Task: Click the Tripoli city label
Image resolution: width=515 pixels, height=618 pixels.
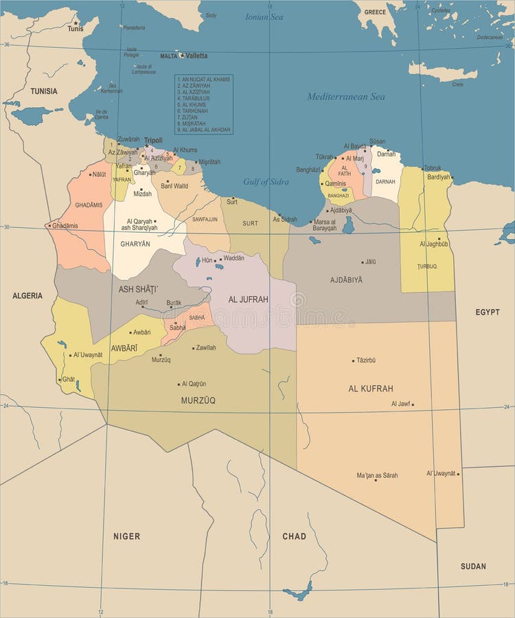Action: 153,140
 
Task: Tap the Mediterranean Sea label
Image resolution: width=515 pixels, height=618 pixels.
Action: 346,97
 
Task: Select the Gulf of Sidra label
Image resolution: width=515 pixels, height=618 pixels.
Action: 266,182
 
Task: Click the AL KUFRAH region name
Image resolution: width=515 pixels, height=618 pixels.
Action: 371,389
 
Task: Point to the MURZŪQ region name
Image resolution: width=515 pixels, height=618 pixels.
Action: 198,400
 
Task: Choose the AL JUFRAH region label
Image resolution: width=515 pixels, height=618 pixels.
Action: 248,299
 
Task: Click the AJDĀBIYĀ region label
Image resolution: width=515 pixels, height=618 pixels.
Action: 346,280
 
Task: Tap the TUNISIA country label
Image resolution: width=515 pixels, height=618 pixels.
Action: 44,91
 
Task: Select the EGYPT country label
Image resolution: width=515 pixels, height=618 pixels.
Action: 488,312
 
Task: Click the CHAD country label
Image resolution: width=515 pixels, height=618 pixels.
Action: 294,536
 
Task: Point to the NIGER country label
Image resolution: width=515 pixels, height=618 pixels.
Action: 127,536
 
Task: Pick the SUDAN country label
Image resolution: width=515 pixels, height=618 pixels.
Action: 473,566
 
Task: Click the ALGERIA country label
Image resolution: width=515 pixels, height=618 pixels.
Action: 27,296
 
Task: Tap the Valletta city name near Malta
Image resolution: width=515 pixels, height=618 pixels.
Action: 196,56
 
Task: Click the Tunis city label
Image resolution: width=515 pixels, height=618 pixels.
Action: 75,29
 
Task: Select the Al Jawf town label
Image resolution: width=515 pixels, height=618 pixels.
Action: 400,404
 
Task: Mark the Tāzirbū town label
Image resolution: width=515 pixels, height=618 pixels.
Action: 366,360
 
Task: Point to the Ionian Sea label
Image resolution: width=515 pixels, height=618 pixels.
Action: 264,16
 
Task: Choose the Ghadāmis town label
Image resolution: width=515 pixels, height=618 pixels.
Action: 65,225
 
